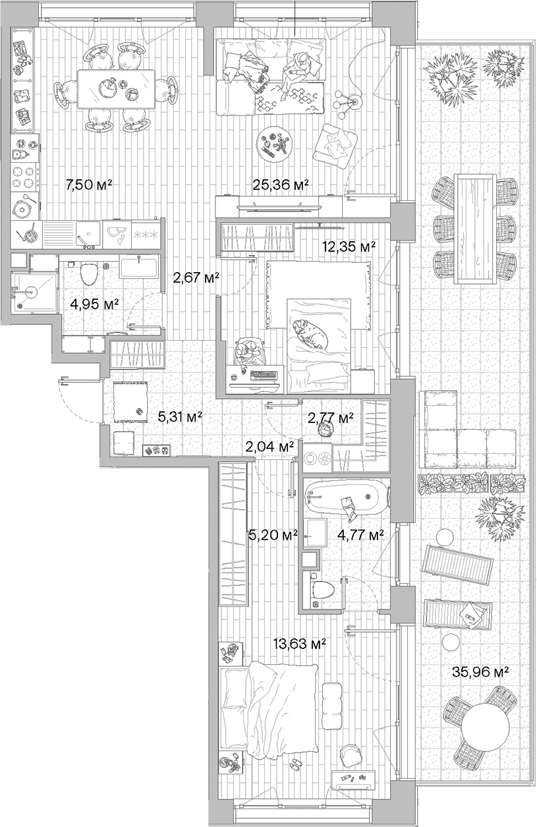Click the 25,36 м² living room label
(x=281, y=185)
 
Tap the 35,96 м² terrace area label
(x=480, y=672)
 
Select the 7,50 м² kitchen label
(x=89, y=185)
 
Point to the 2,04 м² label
(x=269, y=447)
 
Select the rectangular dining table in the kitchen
(x=116, y=88)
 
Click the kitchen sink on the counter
(x=87, y=232)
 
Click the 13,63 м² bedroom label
(x=301, y=644)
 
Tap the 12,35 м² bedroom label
(x=349, y=246)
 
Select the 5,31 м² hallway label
(x=180, y=416)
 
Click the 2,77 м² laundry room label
(x=331, y=418)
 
